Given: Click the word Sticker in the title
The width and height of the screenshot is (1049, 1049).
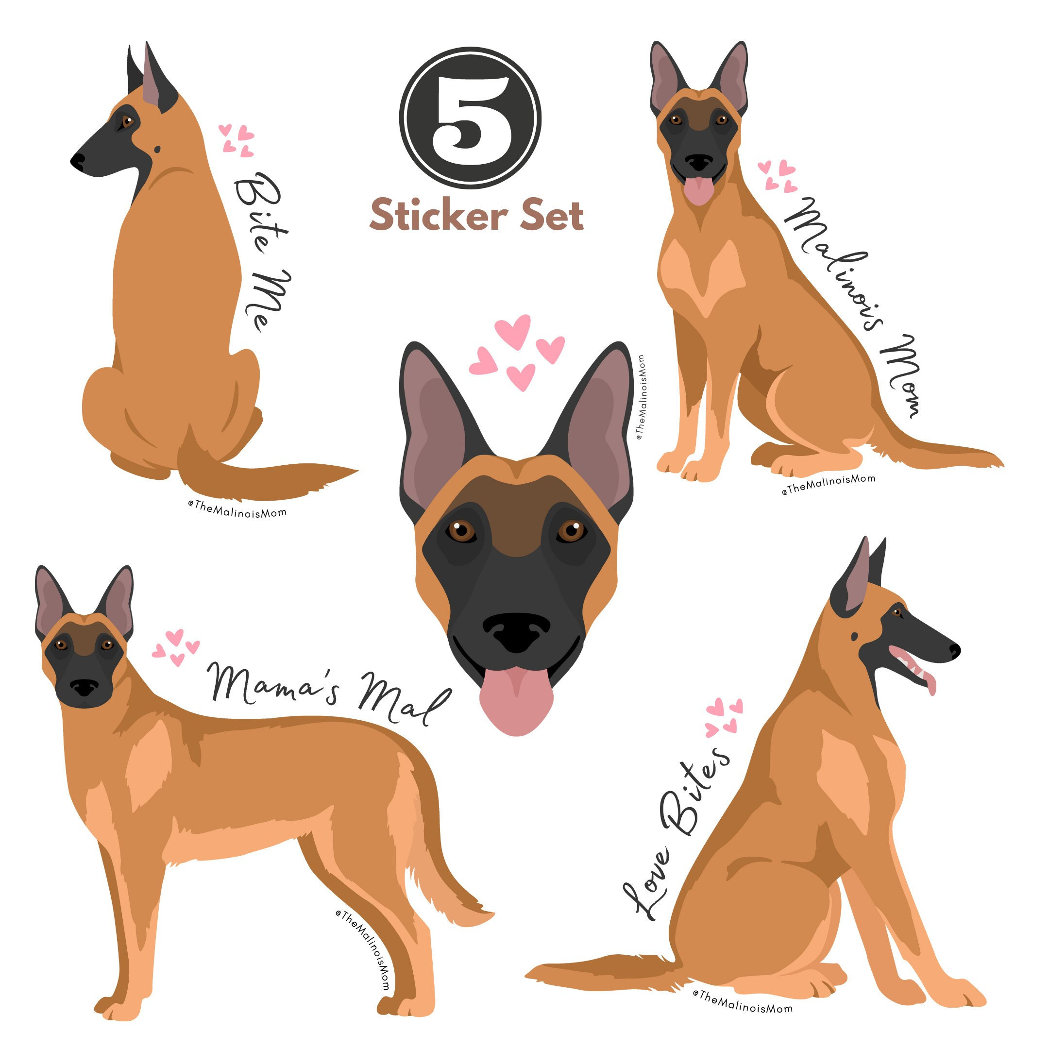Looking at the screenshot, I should [438, 216].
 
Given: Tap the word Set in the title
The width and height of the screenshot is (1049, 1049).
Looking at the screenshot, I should [551, 216].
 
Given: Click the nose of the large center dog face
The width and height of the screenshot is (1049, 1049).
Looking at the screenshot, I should [516, 631].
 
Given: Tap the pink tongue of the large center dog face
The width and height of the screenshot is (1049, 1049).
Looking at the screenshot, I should [516, 703].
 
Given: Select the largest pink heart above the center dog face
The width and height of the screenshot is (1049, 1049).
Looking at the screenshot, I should [512, 331].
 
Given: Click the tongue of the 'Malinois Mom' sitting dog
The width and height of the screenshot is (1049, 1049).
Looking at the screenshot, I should [699, 190].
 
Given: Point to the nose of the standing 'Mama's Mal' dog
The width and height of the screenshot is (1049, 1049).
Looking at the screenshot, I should [84, 686].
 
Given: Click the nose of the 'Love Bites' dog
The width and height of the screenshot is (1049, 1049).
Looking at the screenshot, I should [954, 649].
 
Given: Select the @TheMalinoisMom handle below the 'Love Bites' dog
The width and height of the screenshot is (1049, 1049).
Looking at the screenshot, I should [742, 1009].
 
